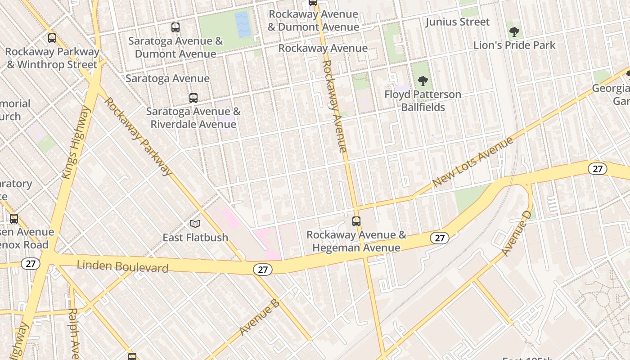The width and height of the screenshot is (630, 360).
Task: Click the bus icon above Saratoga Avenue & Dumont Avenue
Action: (175, 27)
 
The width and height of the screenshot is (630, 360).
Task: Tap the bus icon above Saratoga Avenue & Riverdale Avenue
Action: (193, 98)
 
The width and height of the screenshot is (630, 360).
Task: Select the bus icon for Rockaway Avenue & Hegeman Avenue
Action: (356, 221)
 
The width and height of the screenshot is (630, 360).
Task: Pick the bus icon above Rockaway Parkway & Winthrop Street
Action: (52, 38)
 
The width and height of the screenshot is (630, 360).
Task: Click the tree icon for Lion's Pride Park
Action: (514, 32)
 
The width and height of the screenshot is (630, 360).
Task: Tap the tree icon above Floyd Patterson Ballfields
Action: (423, 81)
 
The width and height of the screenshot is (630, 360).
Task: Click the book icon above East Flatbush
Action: (195, 224)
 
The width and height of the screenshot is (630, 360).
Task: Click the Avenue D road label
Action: (517, 233)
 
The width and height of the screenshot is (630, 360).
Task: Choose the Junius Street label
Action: (457, 22)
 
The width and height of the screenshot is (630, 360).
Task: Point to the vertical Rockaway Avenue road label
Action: (335, 106)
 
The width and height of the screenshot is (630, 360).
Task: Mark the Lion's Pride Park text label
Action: (514, 45)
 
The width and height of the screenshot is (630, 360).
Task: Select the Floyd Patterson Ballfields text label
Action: (423, 101)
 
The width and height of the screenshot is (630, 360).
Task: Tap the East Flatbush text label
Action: (195, 237)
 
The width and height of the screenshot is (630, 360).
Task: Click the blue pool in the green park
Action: (243, 24)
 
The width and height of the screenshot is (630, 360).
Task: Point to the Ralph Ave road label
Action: (74, 333)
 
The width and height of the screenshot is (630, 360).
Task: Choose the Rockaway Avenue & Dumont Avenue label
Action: (313, 20)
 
